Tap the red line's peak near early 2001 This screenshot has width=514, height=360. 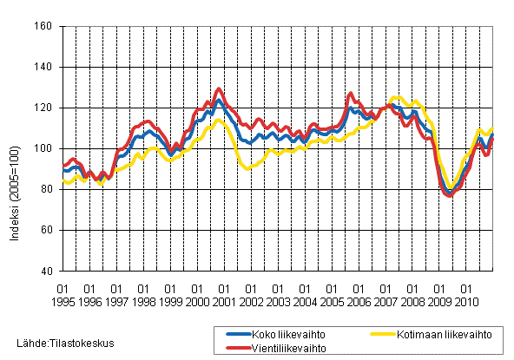(219, 88)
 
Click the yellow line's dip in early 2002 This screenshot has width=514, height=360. (248, 168)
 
